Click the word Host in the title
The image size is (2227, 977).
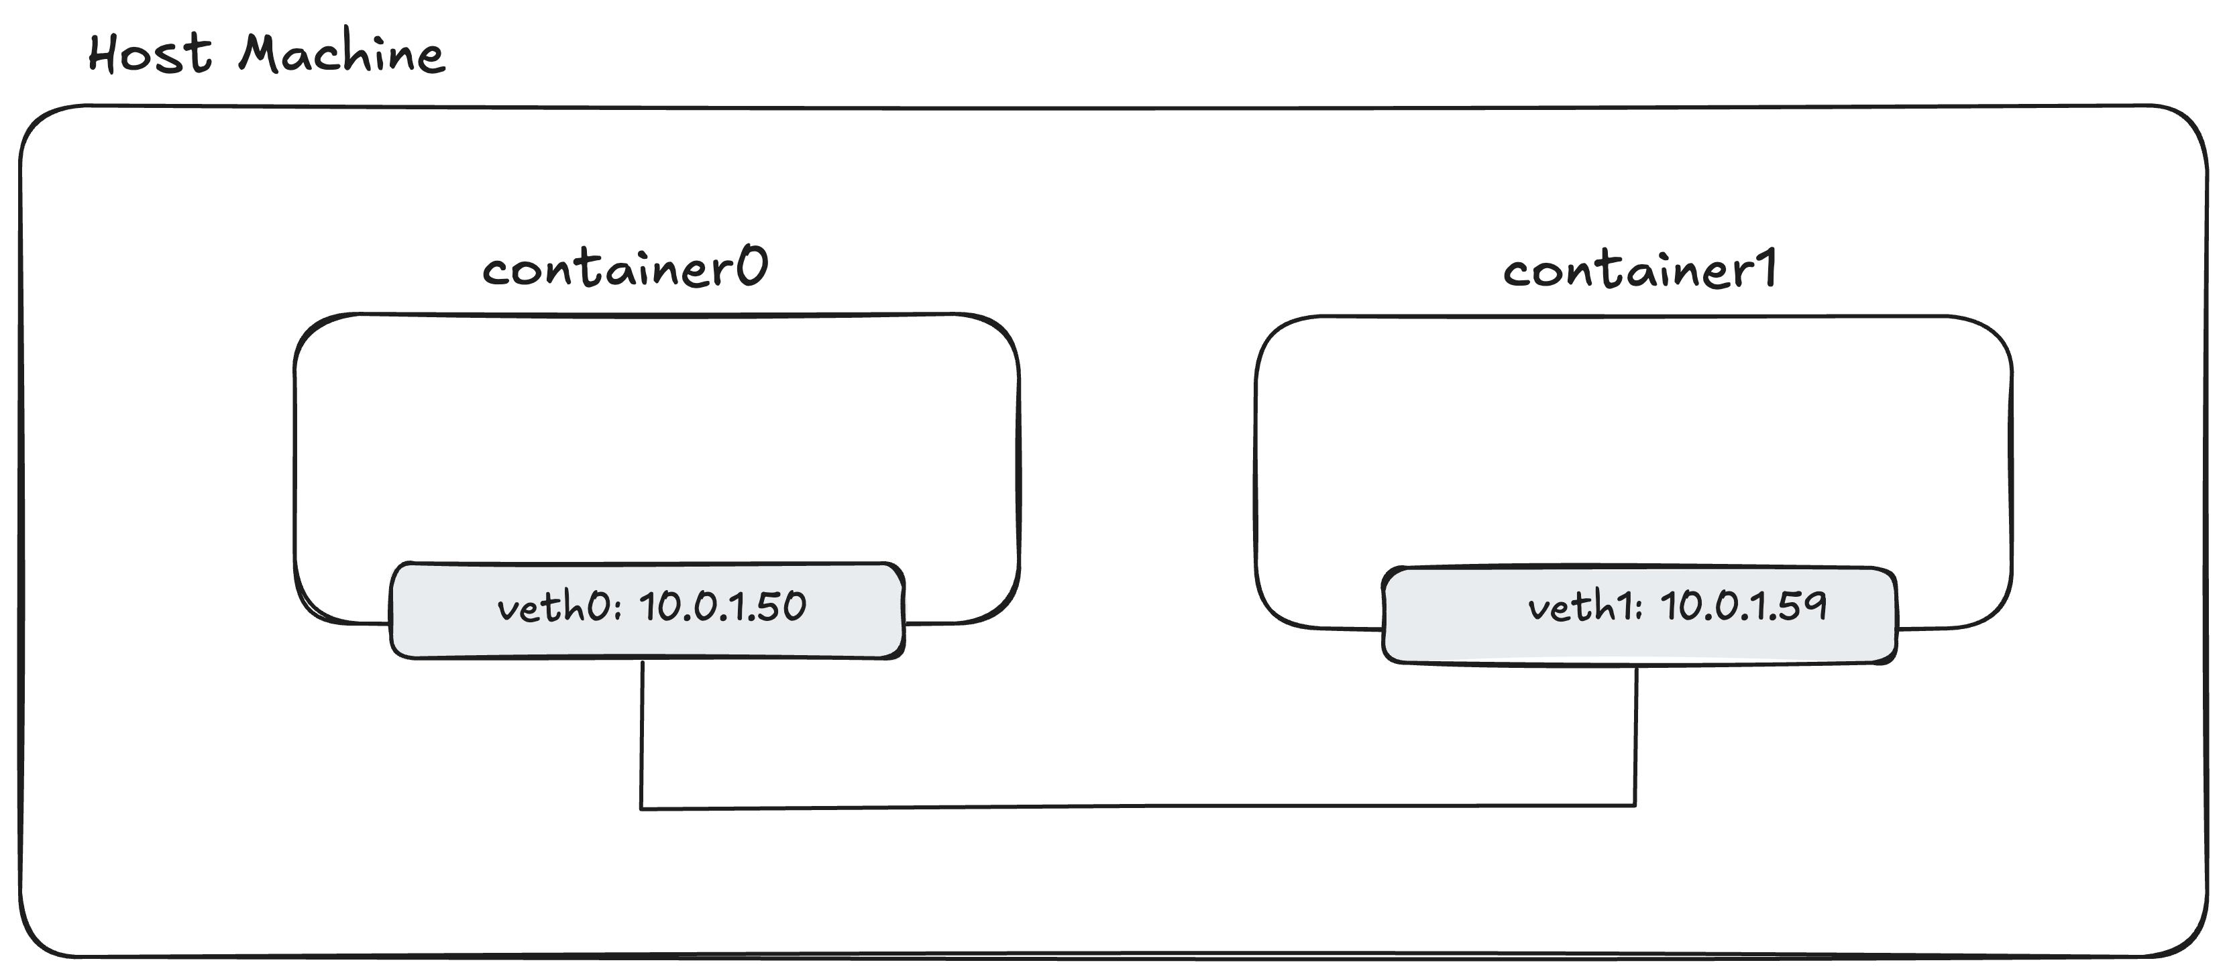tap(150, 54)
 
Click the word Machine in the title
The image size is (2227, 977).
tap(341, 54)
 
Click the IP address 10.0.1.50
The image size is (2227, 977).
tap(722, 606)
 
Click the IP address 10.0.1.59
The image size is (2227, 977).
tap(1743, 606)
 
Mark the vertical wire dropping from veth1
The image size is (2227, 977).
tap(1635, 735)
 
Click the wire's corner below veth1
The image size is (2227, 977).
tap(1635, 805)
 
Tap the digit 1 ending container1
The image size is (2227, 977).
tap(1768, 268)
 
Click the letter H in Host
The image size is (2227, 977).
tap(104, 54)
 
